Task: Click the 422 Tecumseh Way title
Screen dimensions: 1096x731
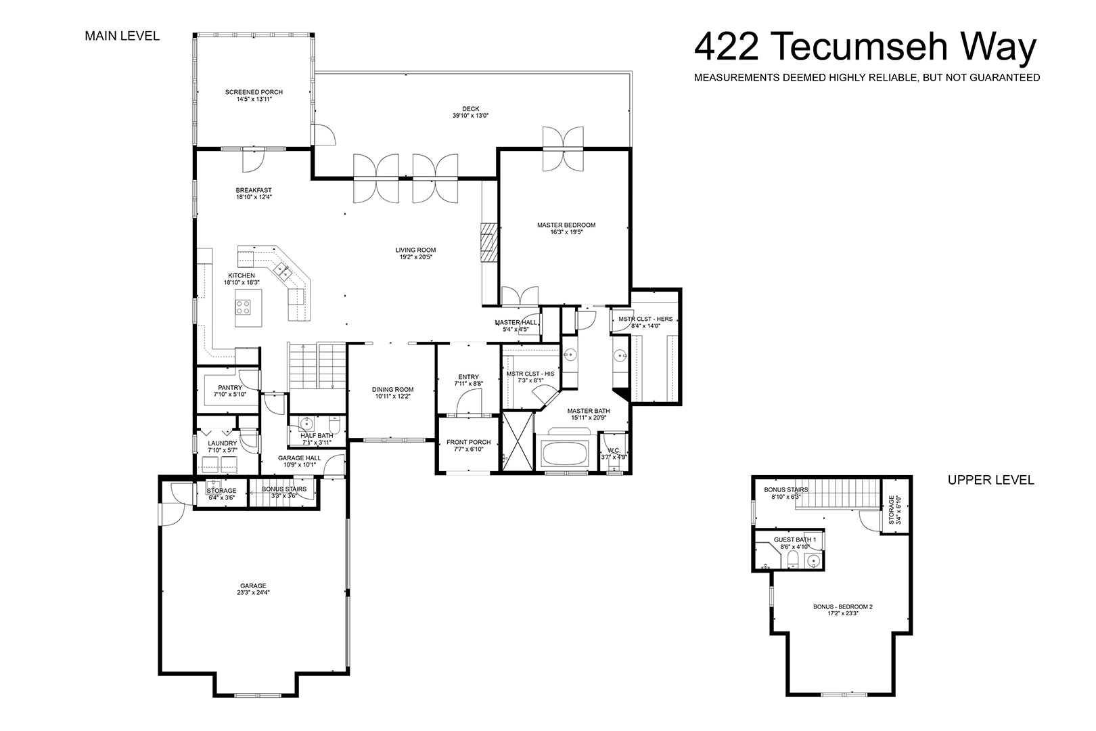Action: coord(865,47)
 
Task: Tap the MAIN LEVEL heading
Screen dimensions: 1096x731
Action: coord(122,36)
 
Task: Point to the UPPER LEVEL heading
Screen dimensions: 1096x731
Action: coord(991,480)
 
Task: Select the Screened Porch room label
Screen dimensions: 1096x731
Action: coord(254,92)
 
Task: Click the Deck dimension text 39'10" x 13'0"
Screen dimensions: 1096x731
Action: coord(471,116)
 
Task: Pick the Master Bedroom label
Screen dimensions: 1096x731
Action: coord(566,225)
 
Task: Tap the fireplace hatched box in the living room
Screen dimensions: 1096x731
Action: coord(488,243)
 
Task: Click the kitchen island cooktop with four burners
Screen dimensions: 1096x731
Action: coord(243,307)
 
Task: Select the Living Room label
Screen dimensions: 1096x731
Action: coord(415,250)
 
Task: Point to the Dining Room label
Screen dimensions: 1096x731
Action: coord(392,390)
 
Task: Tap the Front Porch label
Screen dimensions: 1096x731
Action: coord(468,442)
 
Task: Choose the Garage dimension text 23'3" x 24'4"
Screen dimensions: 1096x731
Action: coord(253,592)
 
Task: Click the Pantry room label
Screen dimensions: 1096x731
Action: coord(230,388)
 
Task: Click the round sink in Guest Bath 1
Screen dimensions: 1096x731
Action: coord(813,560)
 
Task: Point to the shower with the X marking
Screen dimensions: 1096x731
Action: coord(518,442)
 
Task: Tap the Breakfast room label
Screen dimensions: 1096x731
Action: coord(254,190)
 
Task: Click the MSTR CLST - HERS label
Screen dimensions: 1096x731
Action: coord(645,319)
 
